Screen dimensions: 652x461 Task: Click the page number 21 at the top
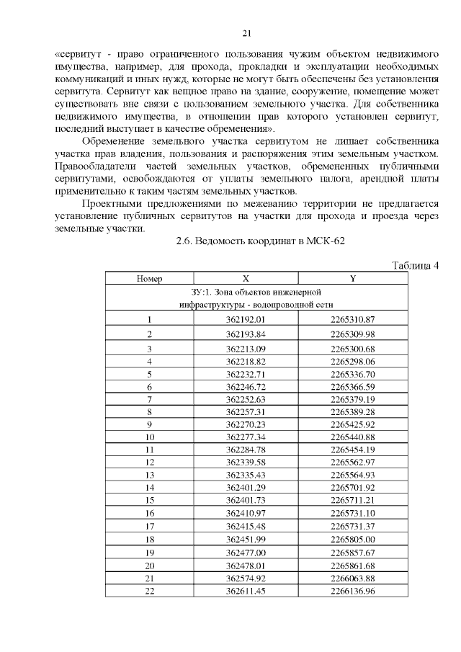[x=246, y=33]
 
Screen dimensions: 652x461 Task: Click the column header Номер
[x=150, y=278]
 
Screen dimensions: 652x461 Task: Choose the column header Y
[x=353, y=278]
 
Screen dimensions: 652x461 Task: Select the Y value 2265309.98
[x=353, y=334]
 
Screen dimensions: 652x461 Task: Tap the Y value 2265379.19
[x=353, y=399]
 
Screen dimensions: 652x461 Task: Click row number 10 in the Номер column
[x=150, y=437]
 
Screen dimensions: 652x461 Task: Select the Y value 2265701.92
[x=353, y=487]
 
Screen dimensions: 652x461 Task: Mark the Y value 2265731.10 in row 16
[x=353, y=512]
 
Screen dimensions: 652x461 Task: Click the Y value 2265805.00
[x=353, y=538]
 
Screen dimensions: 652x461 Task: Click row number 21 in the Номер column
[x=150, y=578]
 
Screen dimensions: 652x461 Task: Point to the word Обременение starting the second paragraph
[x=116, y=142]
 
